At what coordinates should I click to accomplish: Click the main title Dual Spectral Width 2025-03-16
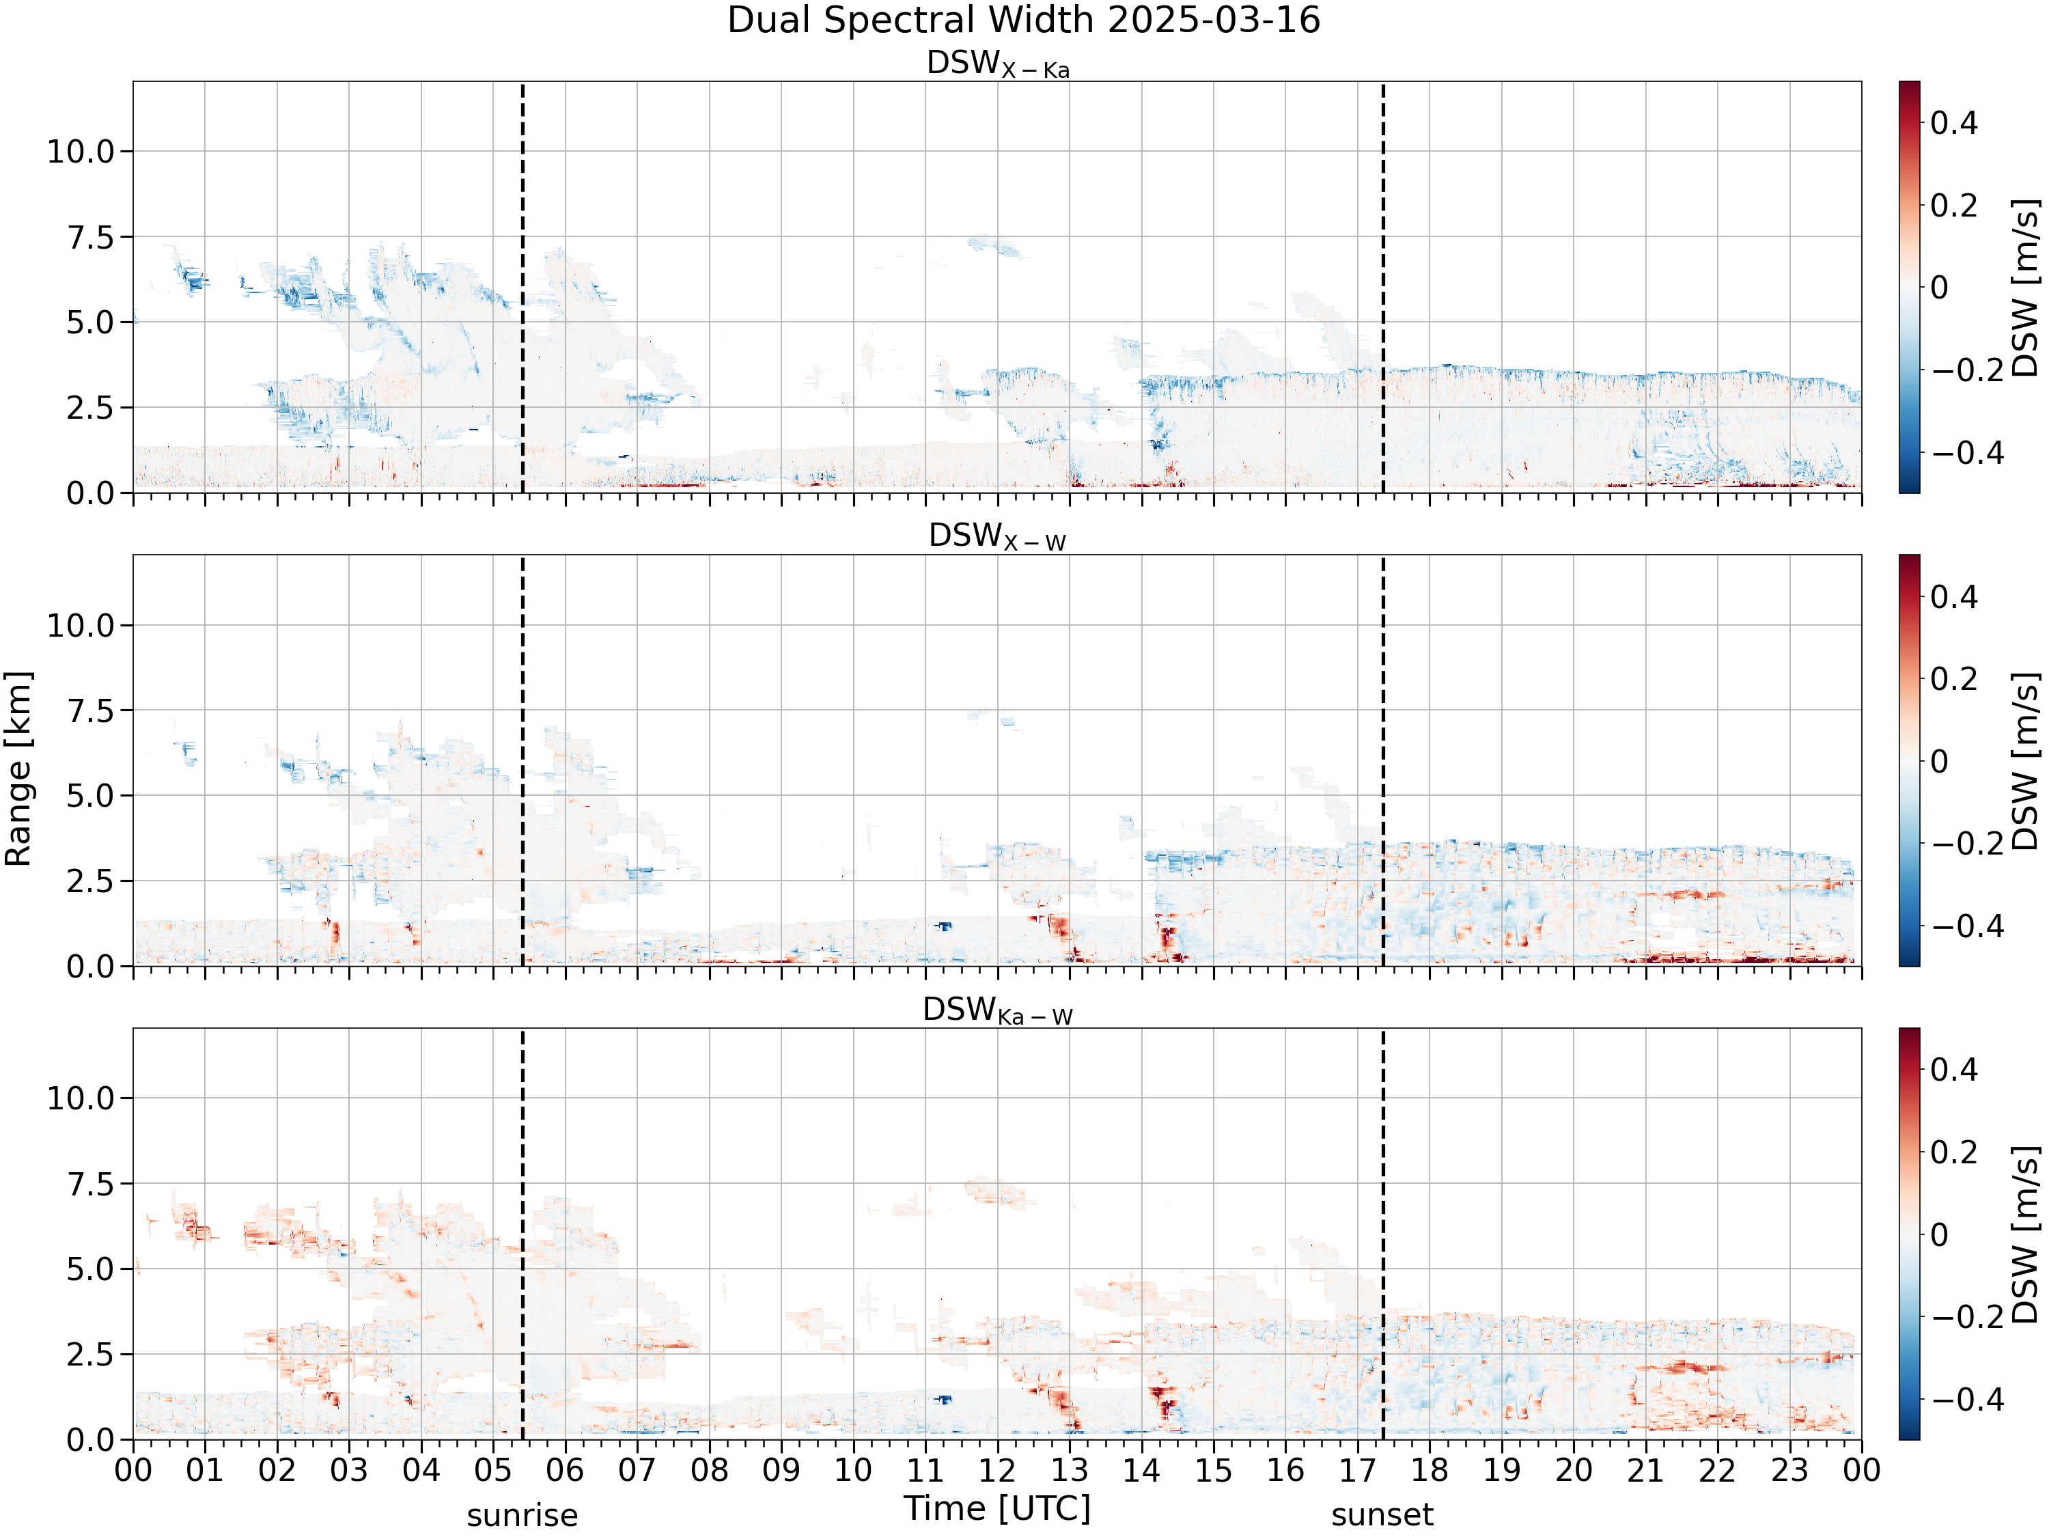1024,20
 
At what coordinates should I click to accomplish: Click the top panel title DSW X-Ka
998,64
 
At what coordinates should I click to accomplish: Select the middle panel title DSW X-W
998,538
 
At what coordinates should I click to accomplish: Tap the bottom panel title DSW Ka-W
998,1011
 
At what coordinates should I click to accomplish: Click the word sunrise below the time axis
522,1516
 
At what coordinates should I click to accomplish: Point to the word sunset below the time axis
1382,1516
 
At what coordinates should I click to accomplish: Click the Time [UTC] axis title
998,1508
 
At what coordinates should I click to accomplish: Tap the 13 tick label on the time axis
1070,1470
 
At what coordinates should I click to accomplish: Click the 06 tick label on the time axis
565,1470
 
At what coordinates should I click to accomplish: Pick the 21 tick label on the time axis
1646,1470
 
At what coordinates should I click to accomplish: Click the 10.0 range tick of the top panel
81,152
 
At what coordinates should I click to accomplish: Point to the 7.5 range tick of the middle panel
90,710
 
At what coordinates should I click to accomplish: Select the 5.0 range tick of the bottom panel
90,1269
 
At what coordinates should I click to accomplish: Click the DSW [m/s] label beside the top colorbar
2026,287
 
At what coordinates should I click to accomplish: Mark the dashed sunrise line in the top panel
522,287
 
